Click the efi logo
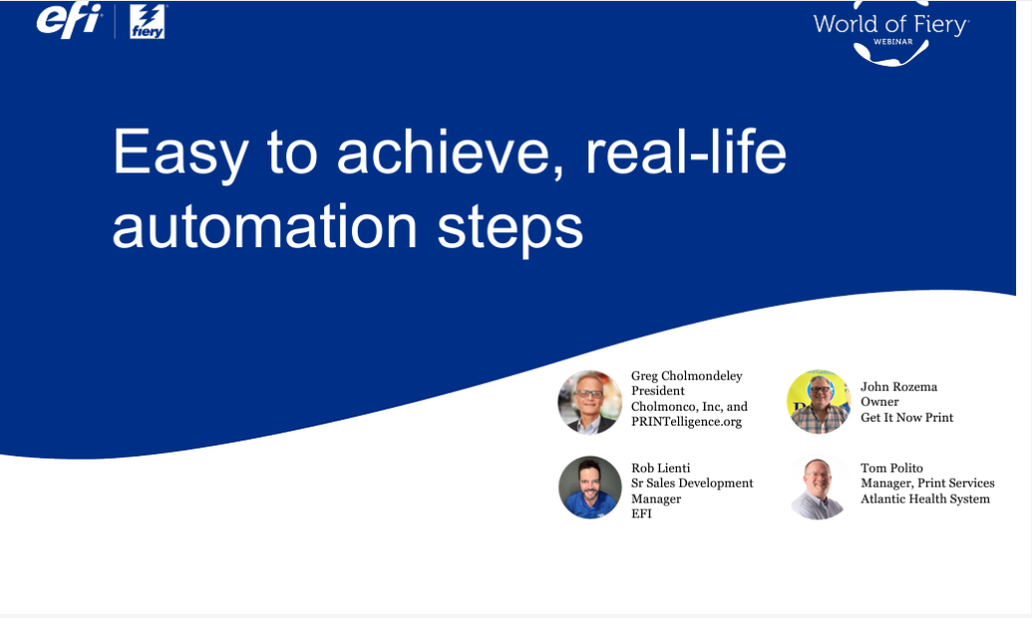69,20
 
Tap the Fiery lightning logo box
148,22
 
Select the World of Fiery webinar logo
891,33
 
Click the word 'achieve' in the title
451,153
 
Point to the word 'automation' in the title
265,227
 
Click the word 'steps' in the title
511,229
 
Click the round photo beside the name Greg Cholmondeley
589,402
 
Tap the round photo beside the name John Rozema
819,402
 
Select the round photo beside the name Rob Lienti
589,487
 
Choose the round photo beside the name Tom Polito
819,487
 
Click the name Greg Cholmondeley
686,376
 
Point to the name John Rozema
898,387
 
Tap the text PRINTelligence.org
686,422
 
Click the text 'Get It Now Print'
907,418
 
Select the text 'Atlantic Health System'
924,498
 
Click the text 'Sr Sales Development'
692,483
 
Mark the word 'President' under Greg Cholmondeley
657,391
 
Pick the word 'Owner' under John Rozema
879,402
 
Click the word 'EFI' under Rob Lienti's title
642,513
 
